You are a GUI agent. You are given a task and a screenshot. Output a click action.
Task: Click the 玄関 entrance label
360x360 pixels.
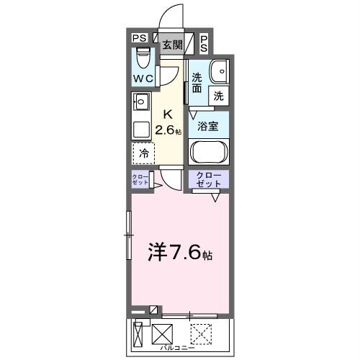coord(171,44)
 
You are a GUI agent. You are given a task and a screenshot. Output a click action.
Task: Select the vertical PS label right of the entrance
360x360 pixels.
coord(204,43)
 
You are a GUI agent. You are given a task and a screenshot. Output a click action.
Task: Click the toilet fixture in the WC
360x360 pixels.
coord(142,55)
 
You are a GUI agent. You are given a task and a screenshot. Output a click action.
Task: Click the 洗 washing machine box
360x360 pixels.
coord(217,94)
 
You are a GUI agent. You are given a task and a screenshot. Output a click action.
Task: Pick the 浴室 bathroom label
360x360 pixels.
coord(208,125)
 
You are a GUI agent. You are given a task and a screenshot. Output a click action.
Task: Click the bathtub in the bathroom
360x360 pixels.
coord(208,152)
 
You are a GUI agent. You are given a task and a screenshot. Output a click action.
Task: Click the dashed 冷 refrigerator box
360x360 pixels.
coord(143,152)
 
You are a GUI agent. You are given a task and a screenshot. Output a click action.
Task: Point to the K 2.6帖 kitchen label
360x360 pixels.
coord(171,122)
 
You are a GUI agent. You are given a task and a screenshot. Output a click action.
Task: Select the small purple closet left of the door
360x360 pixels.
coord(140,180)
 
